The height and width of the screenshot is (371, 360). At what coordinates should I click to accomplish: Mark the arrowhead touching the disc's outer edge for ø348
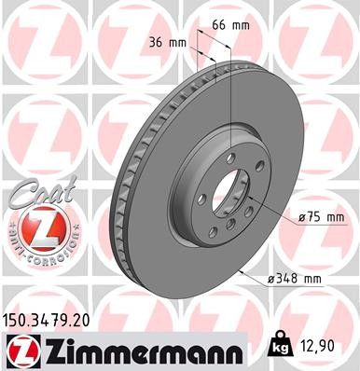242,272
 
